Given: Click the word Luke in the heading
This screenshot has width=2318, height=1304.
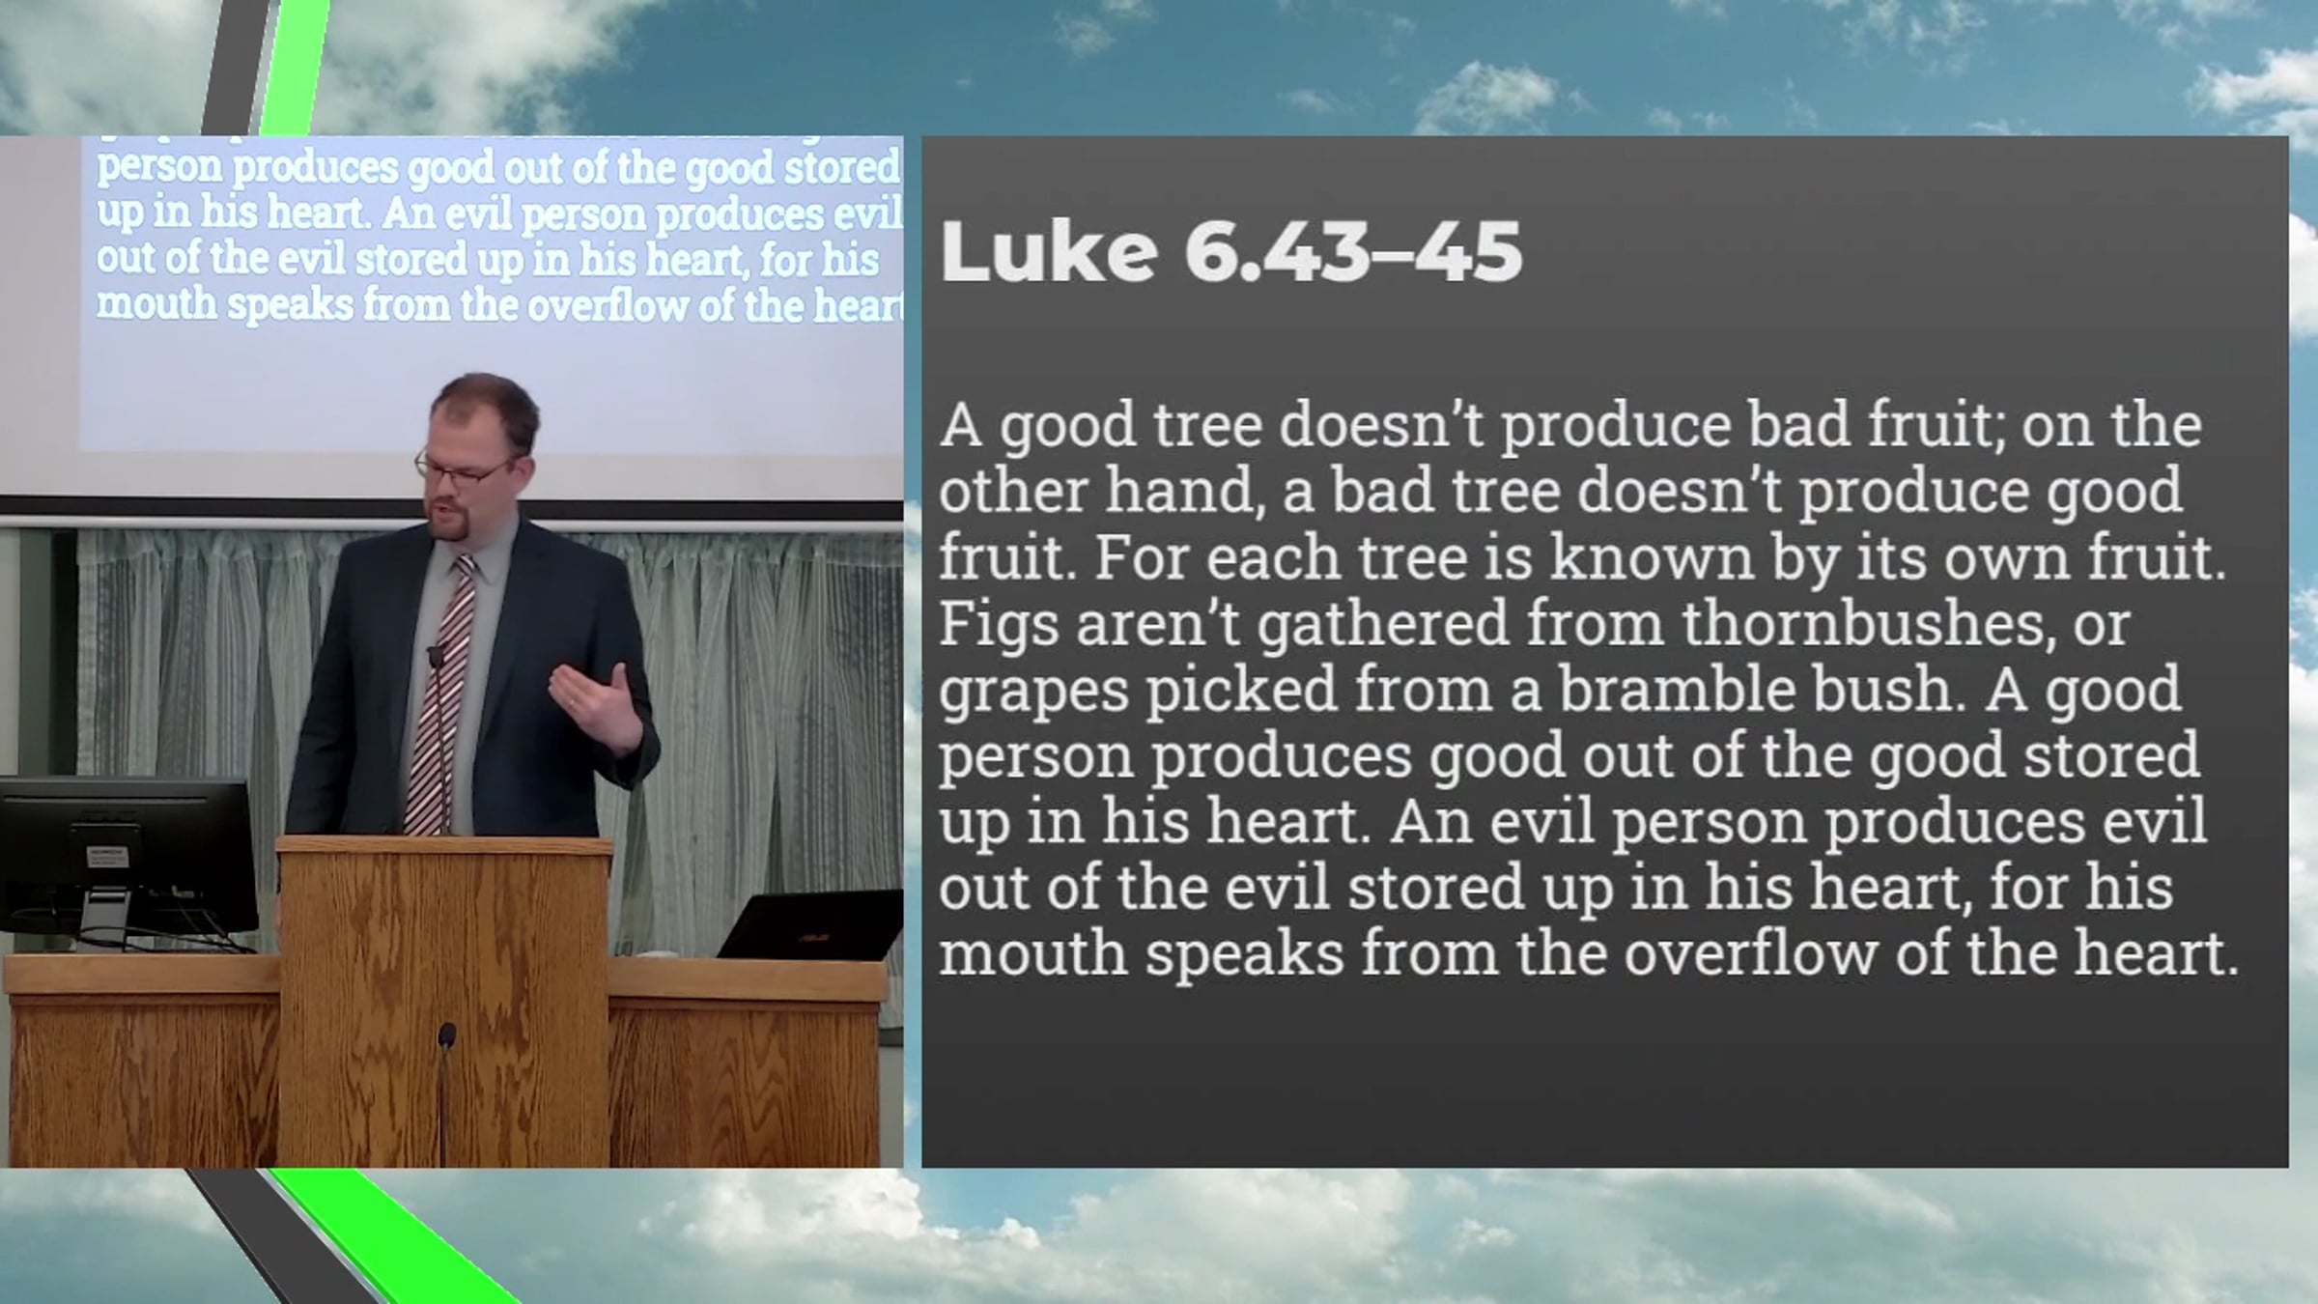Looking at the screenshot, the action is (x=1049, y=251).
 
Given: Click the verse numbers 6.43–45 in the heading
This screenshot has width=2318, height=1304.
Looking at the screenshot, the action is (x=1353, y=251).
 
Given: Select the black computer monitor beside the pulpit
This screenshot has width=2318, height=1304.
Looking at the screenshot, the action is (x=127, y=856).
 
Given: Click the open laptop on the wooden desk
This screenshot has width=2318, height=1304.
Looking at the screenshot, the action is (x=809, y=924).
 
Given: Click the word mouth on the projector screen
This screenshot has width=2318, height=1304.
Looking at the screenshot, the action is (x=156, y=304).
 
